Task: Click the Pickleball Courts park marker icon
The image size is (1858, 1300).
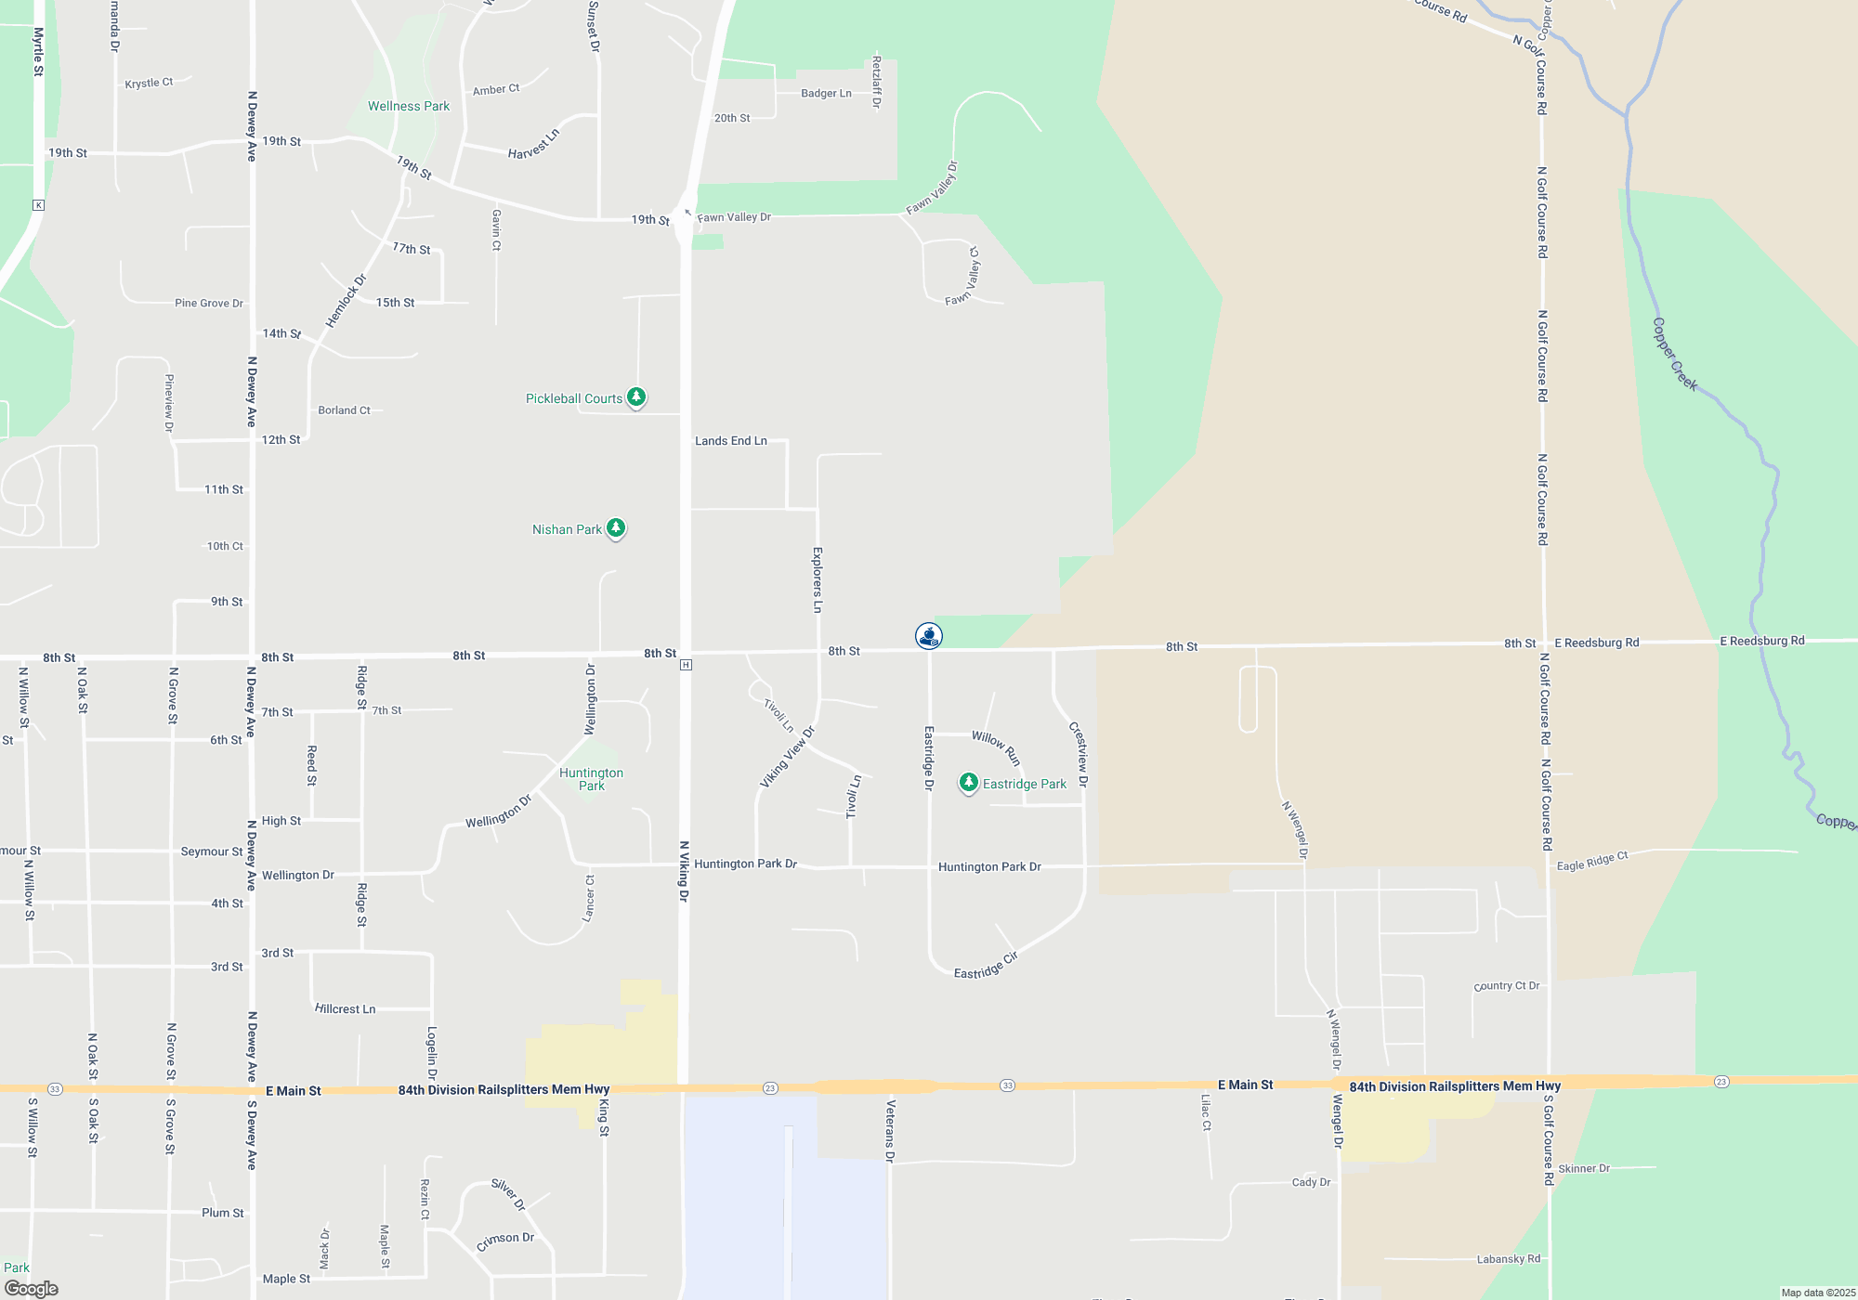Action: coord(635,397)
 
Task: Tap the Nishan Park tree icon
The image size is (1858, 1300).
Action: coord(615,528)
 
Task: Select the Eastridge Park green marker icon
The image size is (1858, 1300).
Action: coord(968,783)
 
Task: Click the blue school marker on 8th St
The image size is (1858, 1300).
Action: coord(928,635)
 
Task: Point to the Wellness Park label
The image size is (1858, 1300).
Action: coord(409,106)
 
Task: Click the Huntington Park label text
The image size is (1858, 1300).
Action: coord(591,779)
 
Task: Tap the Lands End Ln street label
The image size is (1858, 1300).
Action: coord(731,441)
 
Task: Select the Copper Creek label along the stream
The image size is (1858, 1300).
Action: coord(1675,355)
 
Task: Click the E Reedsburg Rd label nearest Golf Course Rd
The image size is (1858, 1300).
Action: coord(1597,643)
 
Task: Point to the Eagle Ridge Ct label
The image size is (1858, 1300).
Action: coord(1592,861)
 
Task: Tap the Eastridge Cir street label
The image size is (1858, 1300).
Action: coord(986,966)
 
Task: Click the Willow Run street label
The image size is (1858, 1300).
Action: coord(996,747)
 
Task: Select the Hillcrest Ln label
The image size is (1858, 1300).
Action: coord(345,1009)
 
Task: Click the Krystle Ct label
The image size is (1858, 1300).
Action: coord(149,84)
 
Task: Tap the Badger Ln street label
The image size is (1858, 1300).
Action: coord(826,94)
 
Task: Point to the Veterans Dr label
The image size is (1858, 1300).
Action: coord(890,1131)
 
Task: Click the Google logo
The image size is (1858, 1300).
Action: coord(32,1289)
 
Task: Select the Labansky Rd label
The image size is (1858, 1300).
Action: coord(1508,1259)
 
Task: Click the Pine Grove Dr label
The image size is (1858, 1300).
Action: coord(209,304)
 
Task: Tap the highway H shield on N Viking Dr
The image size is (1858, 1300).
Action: coord(686,665)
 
